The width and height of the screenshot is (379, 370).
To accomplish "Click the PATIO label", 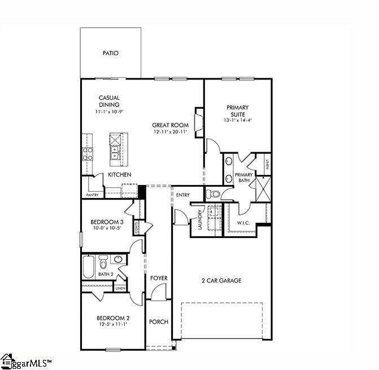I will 110,54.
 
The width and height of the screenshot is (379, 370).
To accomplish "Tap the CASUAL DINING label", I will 109,101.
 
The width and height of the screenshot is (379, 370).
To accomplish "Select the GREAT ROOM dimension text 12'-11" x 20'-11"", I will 170,131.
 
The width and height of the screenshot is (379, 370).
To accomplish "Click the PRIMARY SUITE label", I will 238,111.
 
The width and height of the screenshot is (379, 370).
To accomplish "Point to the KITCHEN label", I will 120,175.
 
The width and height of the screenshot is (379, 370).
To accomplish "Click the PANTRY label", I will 93,195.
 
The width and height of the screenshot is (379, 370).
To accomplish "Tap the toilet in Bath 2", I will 103,263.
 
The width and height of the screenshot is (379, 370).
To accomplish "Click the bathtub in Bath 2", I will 89,267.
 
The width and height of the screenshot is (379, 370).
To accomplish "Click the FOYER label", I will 159,278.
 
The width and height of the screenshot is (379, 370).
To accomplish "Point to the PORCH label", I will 159,322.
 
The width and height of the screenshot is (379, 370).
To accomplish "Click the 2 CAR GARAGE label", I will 221,280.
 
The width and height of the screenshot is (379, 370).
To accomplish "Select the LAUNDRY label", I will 199,220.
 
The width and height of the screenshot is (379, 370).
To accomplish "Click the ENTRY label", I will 182,195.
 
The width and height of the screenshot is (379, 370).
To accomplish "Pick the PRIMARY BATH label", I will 244,178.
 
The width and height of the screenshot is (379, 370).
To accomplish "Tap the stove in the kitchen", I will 88,154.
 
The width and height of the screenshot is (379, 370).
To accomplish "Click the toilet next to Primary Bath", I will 214,195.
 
